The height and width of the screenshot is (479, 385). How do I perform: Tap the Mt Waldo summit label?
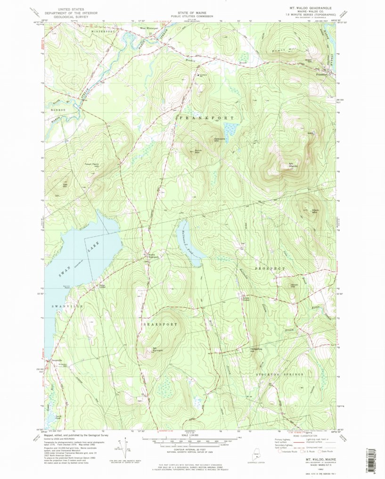tap(293, 165)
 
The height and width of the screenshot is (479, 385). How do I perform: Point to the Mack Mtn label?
tap(315, 211)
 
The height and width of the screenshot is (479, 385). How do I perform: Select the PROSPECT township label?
tap(270, 268)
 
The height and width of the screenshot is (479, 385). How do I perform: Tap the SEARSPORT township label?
tap(160, 325)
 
